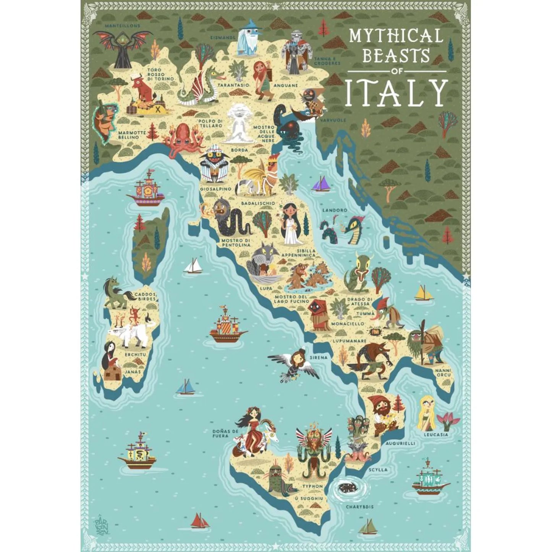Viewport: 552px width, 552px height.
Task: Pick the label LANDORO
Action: pos(335,210)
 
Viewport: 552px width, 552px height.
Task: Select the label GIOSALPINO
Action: pos(215,189)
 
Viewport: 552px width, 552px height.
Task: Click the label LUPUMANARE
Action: pos(349,340)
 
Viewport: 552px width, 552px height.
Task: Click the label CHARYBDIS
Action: pos(359,507)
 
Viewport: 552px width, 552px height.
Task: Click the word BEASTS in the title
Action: pos(396,56)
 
